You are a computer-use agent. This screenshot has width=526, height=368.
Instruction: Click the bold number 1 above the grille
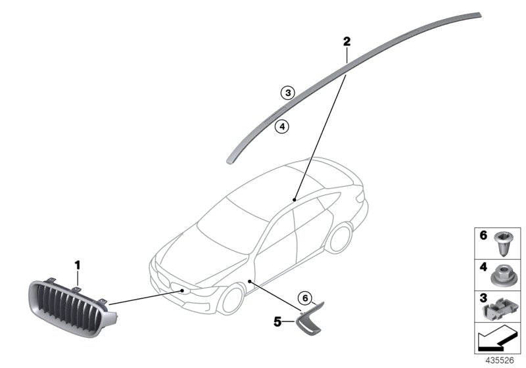click(x=78, y=265)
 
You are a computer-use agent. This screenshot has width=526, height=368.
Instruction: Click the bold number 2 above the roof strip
click(x=347, y=41)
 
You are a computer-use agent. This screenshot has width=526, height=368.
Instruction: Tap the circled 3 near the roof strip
click(x=288, y=93)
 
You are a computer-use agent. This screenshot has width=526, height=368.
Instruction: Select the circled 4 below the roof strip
click(x=282, y=126)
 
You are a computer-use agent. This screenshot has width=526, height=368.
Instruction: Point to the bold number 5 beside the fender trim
click(x=277, y=322)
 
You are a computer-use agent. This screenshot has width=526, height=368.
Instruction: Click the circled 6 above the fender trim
click(x=305, y=298)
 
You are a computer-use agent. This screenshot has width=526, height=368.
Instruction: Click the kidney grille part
click(x=72, y=308)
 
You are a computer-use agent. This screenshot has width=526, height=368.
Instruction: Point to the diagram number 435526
click(x=500, y=361)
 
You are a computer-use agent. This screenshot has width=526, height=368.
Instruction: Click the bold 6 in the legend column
click(x=483, y=235)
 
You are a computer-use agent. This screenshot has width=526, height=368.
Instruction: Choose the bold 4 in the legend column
click(x=483, y=267)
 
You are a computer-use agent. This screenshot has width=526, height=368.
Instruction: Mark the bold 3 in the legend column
click(x=483, y=298)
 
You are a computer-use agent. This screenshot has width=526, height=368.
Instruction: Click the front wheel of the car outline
click(x=231, y=299)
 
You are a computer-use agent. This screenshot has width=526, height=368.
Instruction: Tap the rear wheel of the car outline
click(x=339, y=237)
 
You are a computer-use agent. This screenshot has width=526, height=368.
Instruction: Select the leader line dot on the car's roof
click(x=294, y=200)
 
